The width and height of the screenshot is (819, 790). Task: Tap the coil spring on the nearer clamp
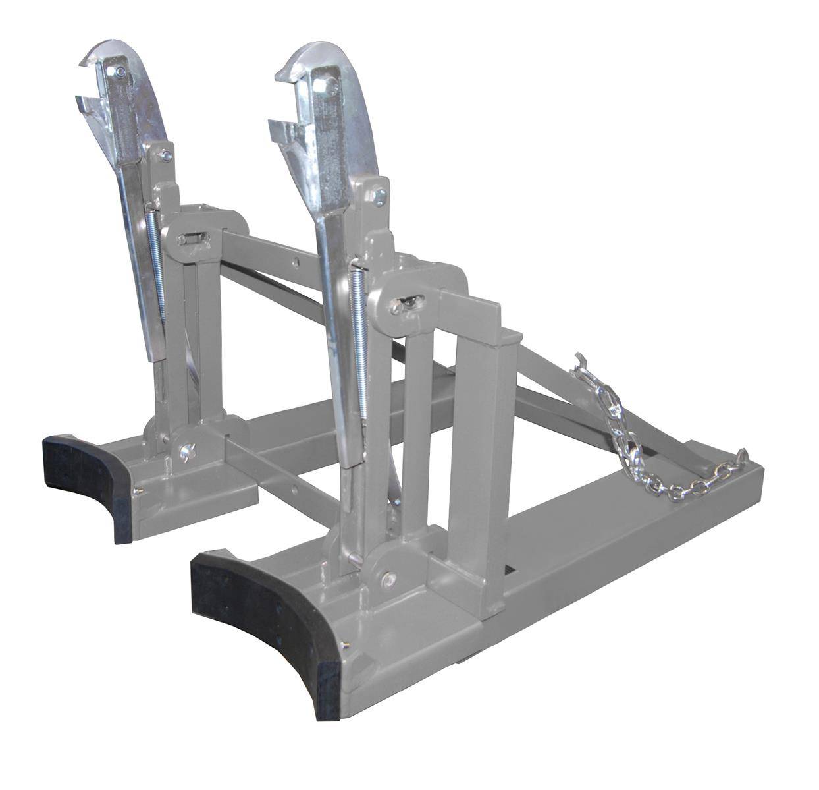click(359, 343)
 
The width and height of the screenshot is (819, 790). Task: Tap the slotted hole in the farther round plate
click(191, 239)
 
